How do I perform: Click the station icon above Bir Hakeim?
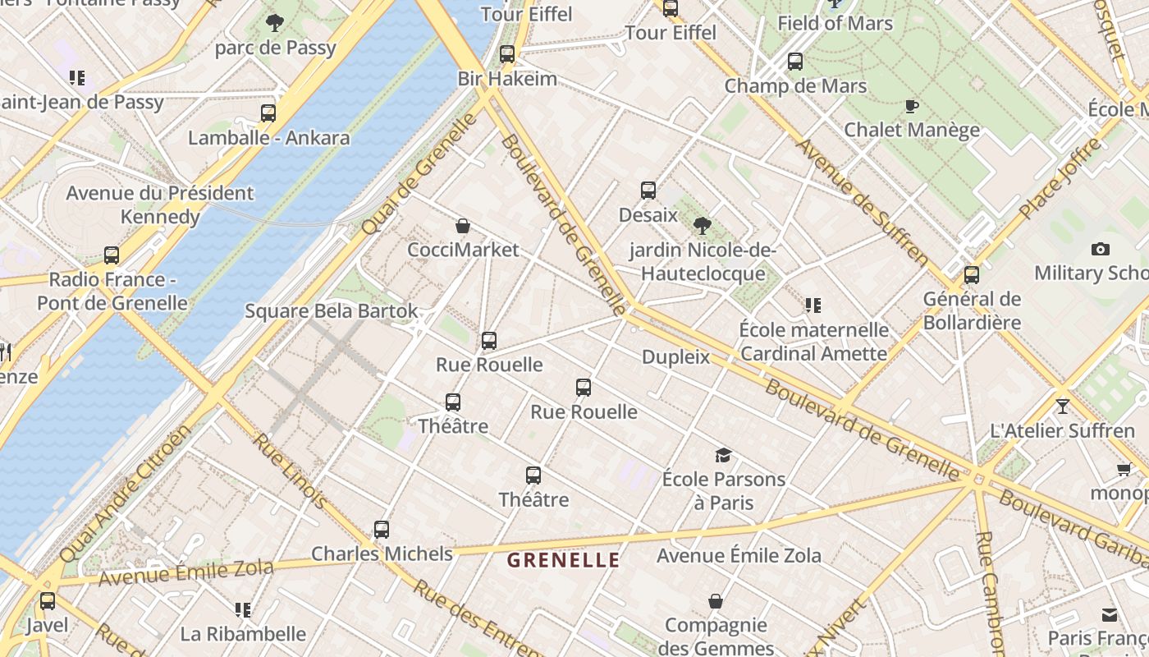507,54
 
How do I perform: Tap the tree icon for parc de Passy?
275,23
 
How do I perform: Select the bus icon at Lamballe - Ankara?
268,113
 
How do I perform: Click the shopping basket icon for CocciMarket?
463,226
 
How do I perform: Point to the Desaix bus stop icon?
648,191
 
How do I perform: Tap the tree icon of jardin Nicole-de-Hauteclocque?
702,226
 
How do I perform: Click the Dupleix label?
675,356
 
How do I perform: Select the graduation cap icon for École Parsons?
723,455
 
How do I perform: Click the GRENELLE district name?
563,561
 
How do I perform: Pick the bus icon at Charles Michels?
382,530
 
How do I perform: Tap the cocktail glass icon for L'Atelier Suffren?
1063,407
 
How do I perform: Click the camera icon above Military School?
1101,249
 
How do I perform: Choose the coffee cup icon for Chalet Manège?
911,106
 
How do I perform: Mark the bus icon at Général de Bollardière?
972,275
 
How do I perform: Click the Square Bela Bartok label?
332,311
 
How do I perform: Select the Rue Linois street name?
290,470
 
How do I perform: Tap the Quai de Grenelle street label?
419,173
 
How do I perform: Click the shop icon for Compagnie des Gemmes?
716,601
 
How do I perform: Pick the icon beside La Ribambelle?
242,609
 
